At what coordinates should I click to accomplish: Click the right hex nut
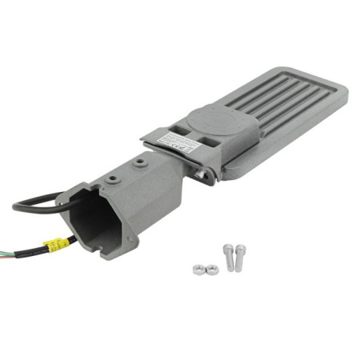point(212,270)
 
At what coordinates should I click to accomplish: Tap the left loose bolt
point(228,256)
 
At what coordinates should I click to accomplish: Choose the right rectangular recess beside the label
point(210,144)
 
